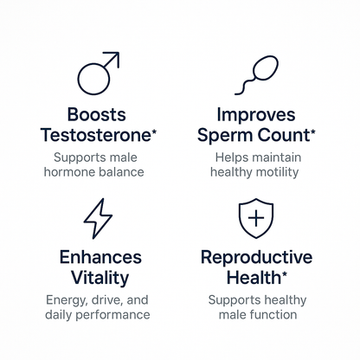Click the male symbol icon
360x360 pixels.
coord(97,74)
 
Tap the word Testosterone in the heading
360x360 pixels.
coord(93,135)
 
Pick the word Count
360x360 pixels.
coord(288,135)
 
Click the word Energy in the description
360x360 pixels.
coord(65,299)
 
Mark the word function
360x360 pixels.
coord(279,315)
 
